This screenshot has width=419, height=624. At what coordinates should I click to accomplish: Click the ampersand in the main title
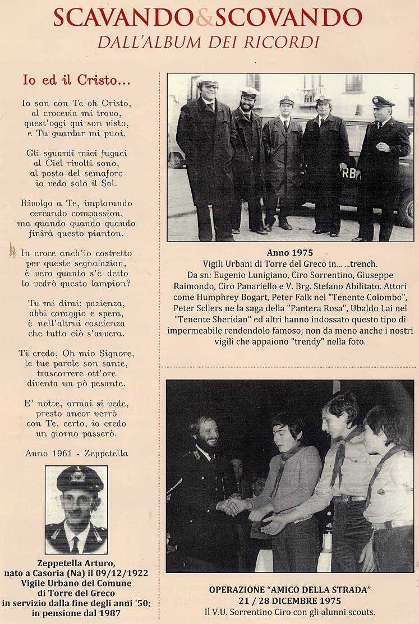click(x=205, y=17)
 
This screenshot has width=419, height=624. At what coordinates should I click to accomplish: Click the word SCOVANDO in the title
click(x=288, y=17)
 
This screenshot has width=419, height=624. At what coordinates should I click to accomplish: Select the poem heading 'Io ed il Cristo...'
click(x=76, y=80)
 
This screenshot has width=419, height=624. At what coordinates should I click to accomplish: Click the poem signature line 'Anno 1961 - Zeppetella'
click(x=76, y=453)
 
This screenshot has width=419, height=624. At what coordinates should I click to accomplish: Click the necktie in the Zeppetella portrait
click(x=75, y=543)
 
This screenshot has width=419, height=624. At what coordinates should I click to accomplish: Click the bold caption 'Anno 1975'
click(x=290, y=253)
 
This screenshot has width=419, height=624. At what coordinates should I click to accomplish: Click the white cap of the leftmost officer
click(x=207, y=80)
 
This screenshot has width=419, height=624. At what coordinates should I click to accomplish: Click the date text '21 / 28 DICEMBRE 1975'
click(x=290, y=600)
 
